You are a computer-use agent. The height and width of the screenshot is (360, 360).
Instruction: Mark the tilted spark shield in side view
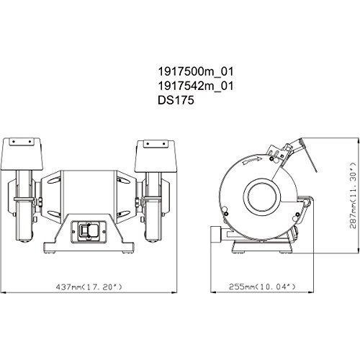pyautogui.click(x=301, y=153)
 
